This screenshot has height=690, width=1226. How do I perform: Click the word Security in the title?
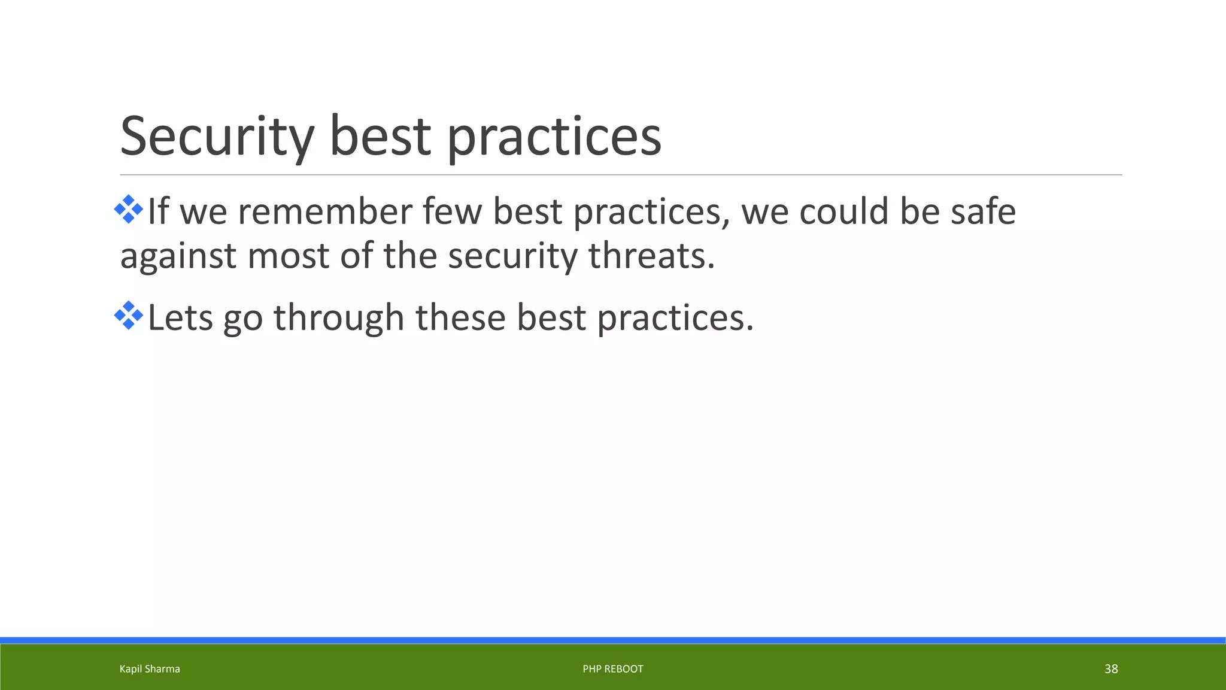pos(217,137)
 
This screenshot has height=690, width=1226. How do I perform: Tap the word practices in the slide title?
pos(554,137)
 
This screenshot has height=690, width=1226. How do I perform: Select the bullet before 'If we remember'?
pos(129,210)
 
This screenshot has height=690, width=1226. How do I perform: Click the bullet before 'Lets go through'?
pos(129,316)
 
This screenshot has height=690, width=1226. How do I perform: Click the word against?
pos(178,257)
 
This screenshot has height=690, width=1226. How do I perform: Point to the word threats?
pos(651,256)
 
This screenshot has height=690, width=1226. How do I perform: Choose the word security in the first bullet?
pos(512,257)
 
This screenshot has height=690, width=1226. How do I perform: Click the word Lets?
pos(180,317)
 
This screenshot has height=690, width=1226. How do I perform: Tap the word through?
pos(339,317)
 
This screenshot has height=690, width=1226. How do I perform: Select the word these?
pos(460,317)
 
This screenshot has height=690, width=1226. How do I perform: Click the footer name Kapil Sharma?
pos(150,669)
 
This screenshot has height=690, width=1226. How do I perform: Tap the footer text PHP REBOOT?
pos(613,669)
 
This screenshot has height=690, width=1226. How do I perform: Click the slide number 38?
pos(1111,669)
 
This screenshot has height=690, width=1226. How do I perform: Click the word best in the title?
pos(380,137)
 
